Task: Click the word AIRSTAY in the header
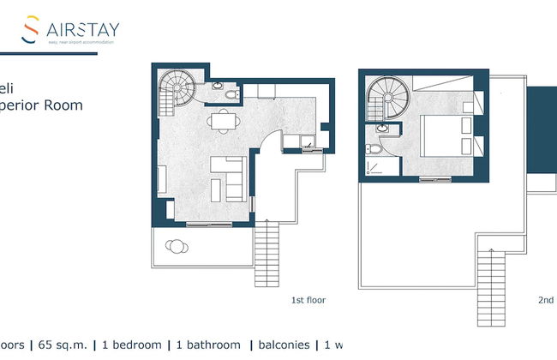[83, 29]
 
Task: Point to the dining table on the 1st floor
[223, 121]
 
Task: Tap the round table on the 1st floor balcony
[177, 247]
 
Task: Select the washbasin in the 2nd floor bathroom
[383, 129]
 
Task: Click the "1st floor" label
[309, 301]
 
